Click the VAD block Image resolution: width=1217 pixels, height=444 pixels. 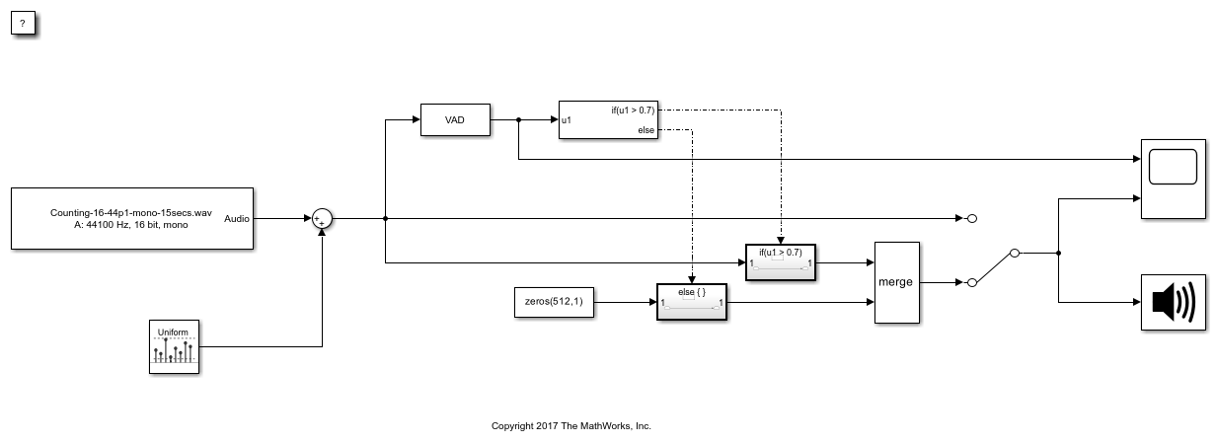click(x=455, y=120)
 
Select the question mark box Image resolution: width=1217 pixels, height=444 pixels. click(x=23, y=23)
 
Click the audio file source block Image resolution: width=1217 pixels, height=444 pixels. click(x=131, y=218)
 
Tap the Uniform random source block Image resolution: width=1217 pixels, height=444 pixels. click(x=174, y=346)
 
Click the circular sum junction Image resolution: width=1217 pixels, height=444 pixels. click(x=322, y=219)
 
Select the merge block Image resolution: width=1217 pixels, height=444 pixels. click(x=896, y=282)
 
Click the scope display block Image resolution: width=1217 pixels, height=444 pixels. click(x=1173, y=179)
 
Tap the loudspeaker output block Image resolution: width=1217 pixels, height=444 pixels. click(x=1173, y=302)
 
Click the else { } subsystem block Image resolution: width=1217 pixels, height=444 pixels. click(x=691, y=302)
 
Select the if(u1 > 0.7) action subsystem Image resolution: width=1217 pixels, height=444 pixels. click(x=780, y=262)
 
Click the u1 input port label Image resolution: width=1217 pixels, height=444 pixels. click(x=566, y=120)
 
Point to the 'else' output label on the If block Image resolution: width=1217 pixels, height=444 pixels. click(x=646, y=130)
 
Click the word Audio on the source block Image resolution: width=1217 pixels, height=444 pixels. click(x=237, y=218)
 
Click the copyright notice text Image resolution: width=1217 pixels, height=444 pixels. click(x=571, y=426)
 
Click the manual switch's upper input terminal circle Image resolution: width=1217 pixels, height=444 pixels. click(x=971, y=218)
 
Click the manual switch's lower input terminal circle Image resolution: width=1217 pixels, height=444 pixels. click(x=971, y=283)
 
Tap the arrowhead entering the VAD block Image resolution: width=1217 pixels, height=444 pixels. click(x=415, y=120)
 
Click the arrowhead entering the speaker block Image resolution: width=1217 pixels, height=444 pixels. click(x=1135, y=302)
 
